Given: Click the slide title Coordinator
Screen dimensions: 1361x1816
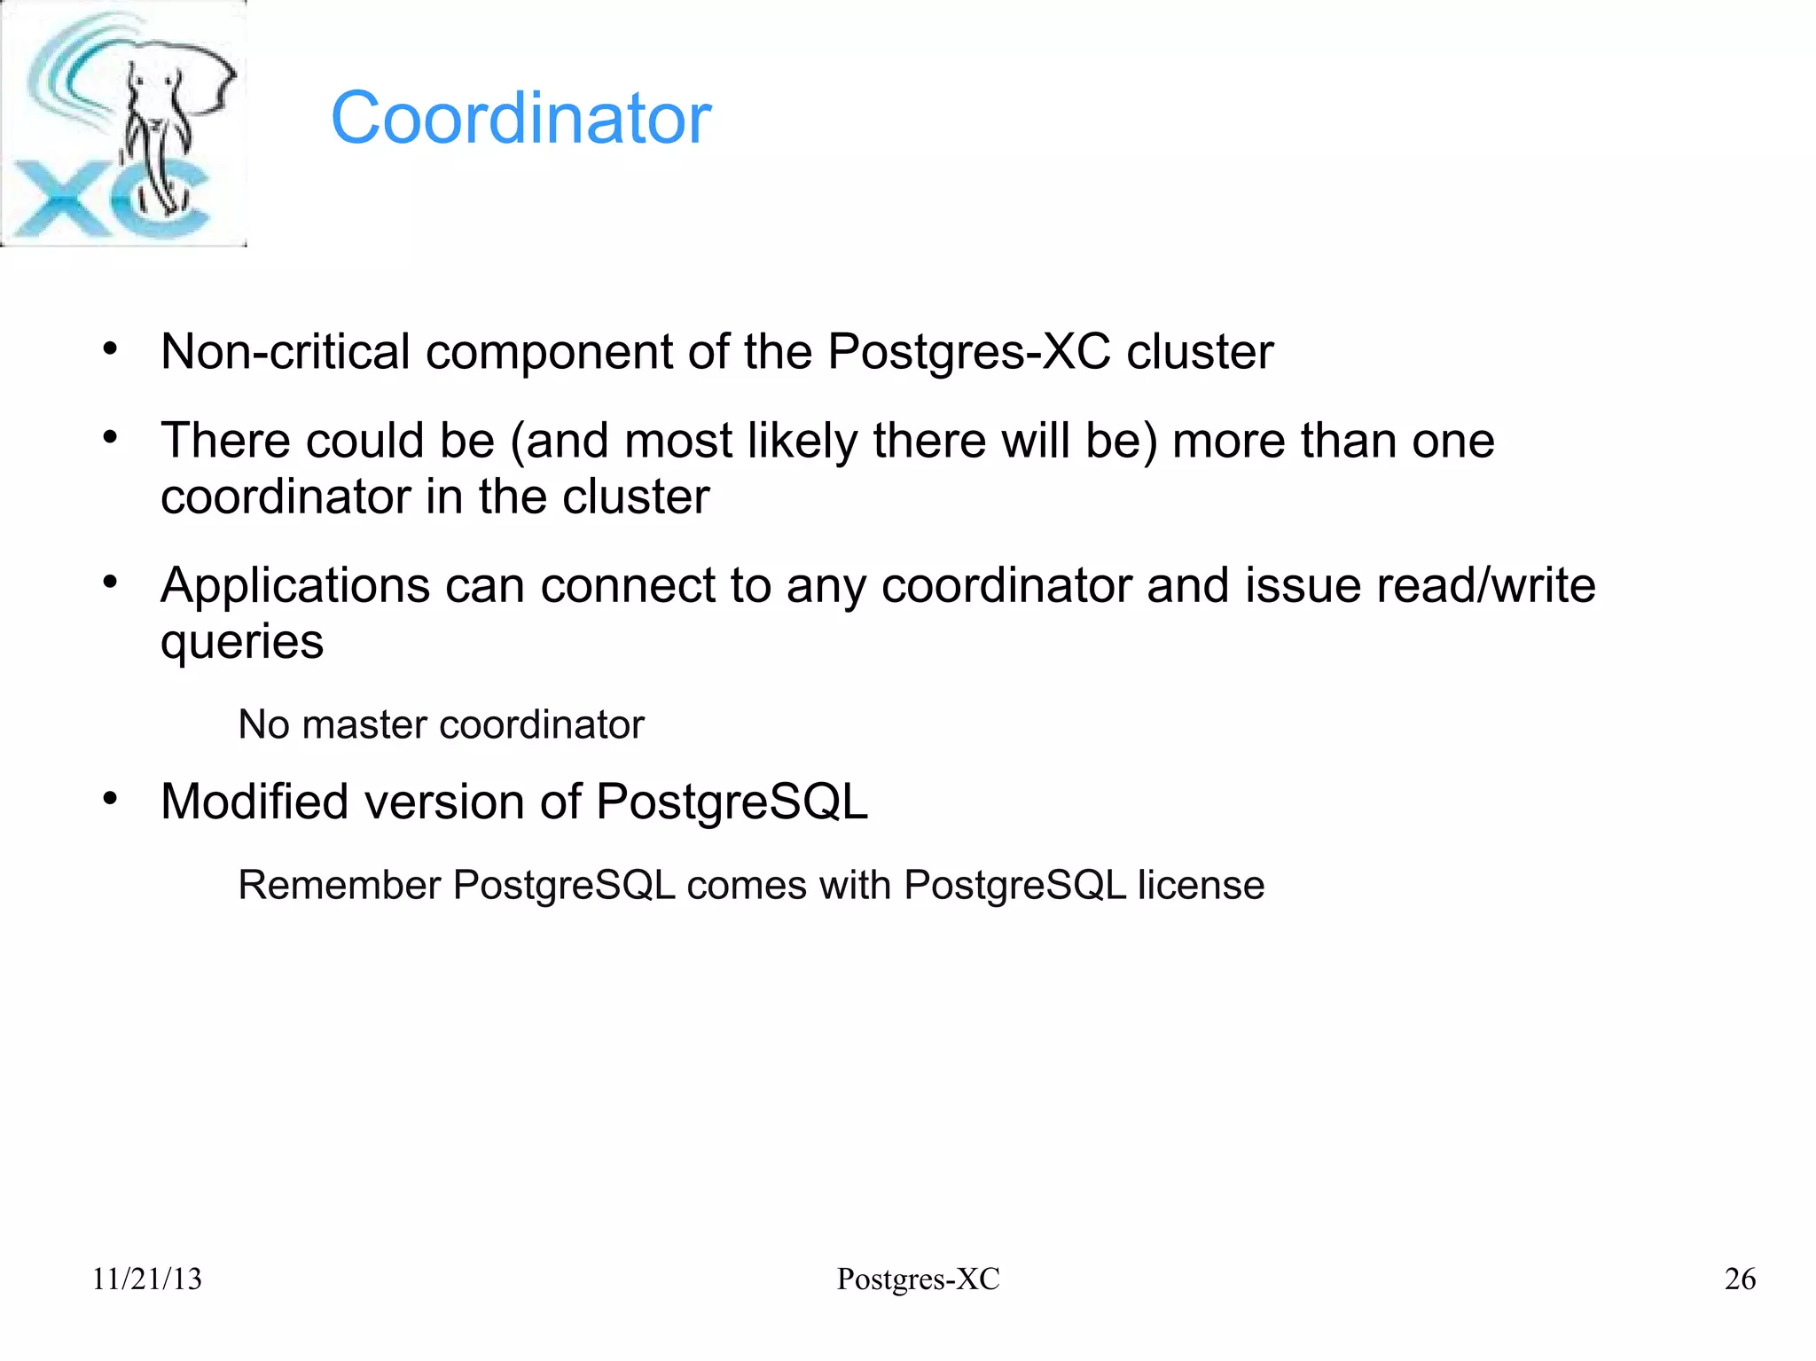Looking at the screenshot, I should click(x=521, y=118).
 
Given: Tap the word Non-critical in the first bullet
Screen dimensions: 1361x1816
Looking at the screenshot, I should click(x=285, y=352).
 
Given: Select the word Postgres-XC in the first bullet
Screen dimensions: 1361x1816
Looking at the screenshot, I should click(x=968, y=352).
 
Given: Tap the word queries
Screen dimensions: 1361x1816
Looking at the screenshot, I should click(x=242, y=642).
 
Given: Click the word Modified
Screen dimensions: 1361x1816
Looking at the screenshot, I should click(x=254, y=802).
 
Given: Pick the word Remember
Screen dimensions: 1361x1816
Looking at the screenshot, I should click(x=340, y=885).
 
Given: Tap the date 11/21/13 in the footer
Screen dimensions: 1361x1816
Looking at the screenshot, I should click(x=147, y=1279).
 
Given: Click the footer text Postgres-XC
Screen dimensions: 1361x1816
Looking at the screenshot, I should click(x=918, y=1279).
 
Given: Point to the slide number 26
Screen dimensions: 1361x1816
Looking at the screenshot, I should click(x=1740, y=1279).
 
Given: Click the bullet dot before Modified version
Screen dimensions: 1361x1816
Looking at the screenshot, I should click(x=110, y=800).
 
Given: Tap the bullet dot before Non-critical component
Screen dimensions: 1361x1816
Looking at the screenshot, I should click(x=110, y=349).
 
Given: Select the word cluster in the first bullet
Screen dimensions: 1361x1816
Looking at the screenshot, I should click(x=1200, y=352).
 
